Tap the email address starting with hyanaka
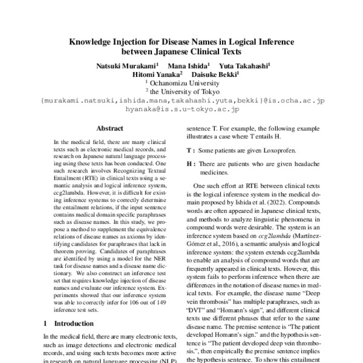point(181,110)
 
